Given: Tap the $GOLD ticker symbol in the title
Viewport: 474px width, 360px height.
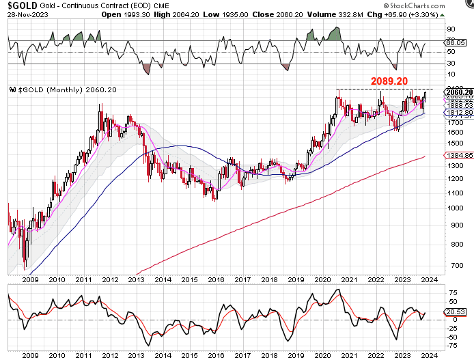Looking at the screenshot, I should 20,5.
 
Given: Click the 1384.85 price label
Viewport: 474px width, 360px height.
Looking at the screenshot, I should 456,156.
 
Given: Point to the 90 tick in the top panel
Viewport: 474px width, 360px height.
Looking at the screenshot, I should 451,29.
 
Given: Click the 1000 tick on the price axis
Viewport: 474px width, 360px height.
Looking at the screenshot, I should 454,225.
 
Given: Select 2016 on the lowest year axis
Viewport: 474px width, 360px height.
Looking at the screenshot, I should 216,355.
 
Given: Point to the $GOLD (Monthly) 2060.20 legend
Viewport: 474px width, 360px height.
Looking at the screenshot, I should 61,90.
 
